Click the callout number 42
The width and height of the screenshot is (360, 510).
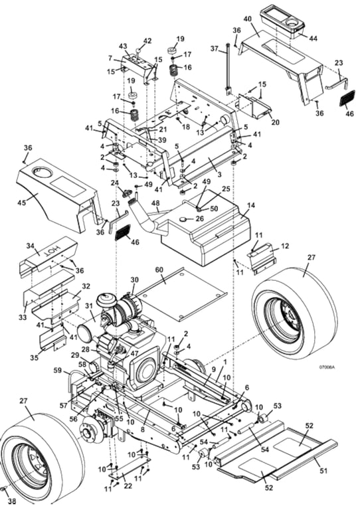147,41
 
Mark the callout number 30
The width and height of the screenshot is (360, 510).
135,280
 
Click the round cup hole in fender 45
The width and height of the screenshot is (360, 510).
45,174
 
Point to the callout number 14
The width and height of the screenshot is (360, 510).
250,207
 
